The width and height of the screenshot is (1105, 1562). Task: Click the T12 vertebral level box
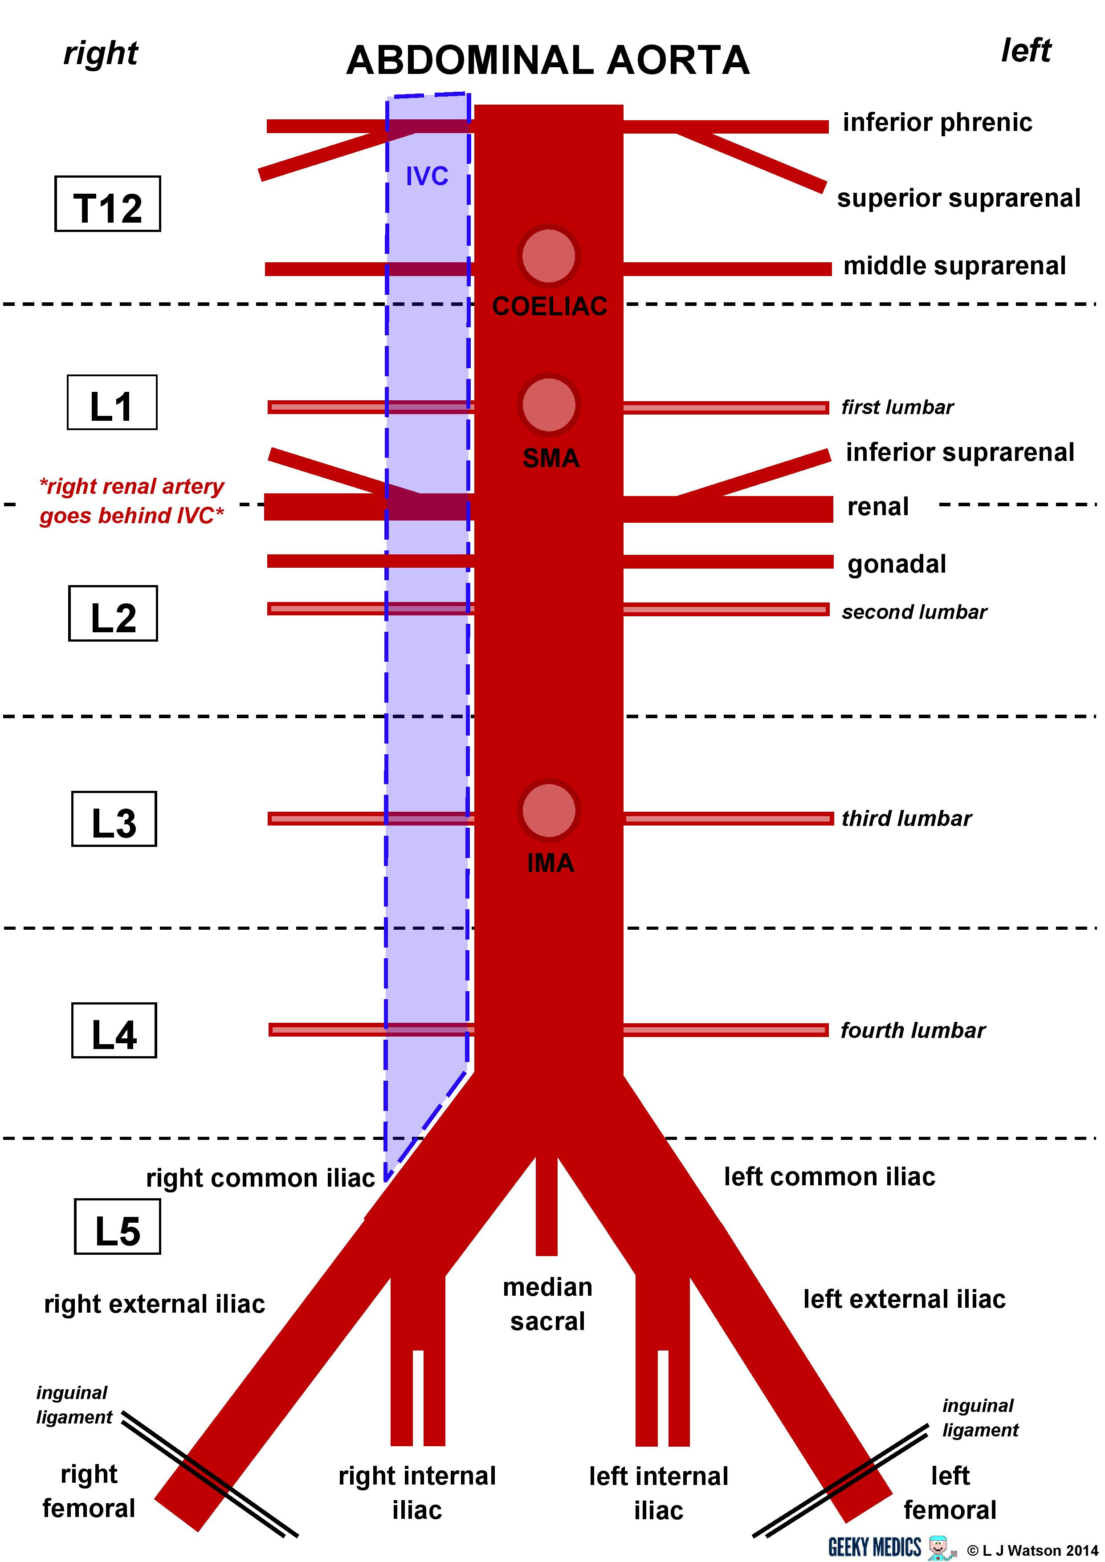point(107,203)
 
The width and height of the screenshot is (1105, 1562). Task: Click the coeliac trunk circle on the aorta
point(548,256)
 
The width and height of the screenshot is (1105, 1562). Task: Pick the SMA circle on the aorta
point(548,405)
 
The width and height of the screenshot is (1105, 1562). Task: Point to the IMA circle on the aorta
point(548,810)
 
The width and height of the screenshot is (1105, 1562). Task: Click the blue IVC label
point(427,176)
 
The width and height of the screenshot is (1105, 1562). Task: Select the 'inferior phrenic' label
point(937,122)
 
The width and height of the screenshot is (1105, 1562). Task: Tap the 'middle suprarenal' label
point(954,265)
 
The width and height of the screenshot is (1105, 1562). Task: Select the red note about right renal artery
point(131,501)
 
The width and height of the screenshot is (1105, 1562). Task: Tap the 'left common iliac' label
point(829,1176)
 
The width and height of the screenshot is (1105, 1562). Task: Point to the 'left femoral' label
point(950,1492)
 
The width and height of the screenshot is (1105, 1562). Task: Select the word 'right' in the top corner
point(101,53)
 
